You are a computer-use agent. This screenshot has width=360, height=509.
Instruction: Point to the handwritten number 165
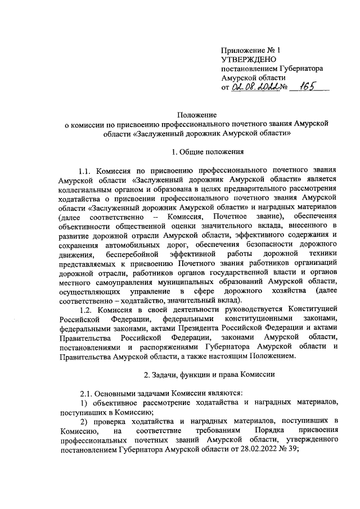pyautogui.click(x=307, y=87)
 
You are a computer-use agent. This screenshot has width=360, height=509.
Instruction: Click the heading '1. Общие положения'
pyautogui.click(x=208, y=151)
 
